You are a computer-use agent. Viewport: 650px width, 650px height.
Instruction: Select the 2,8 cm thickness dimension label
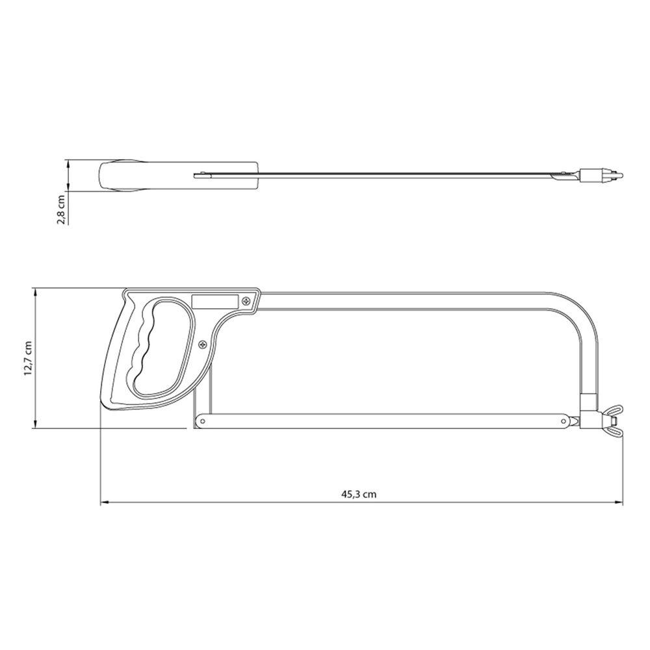tap(60, 209)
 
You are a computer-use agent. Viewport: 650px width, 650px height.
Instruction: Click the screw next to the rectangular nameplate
tap(246, 301)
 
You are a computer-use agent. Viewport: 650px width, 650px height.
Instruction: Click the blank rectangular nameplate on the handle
tap(214, 301)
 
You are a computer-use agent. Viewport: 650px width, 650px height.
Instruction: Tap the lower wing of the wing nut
tap(615, 430)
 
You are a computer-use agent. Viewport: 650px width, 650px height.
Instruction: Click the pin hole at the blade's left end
tap(203, 421)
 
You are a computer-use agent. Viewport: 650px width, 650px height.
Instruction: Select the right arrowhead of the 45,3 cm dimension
tap(619, 502)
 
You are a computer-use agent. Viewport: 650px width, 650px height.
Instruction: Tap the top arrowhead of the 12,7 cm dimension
tap(34, 291)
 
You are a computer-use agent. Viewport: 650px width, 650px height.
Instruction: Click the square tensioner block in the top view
tap(591, 175)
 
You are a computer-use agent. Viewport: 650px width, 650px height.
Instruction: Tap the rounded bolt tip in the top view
tap(617, 175)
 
